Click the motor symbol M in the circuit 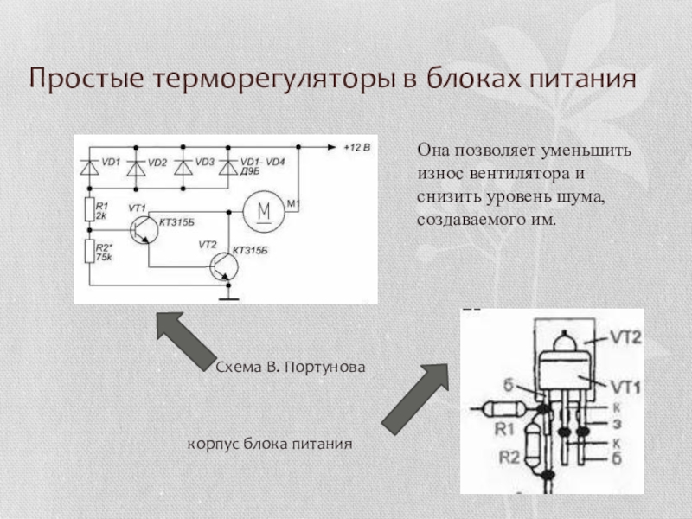(x=266, y=211)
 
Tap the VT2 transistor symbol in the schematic (x=223, y=266)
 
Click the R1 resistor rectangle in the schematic (x=87, y=208)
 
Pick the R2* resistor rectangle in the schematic (x=87, y=252)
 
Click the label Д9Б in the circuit (x=250, y=172)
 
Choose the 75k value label (x=104, y=258)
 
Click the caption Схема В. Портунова (x=291, y=367)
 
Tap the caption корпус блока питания (x=270, y=444)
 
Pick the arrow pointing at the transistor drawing (x=414, y=398)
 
